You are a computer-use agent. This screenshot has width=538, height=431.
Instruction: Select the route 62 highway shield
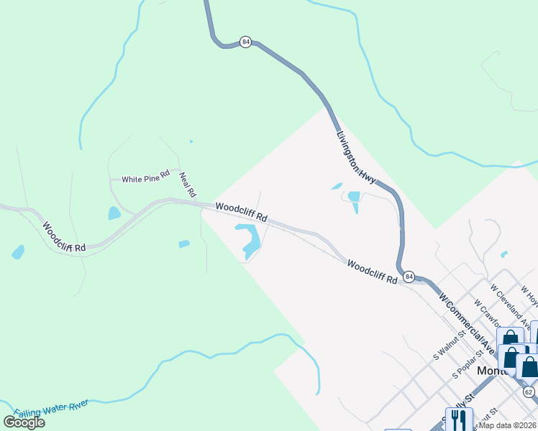[529, 391]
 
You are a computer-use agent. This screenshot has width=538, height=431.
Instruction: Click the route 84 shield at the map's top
[247, 42]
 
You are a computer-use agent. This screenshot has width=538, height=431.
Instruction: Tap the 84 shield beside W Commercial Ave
[409, 277]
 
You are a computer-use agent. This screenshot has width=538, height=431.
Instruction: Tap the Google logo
[24, 422]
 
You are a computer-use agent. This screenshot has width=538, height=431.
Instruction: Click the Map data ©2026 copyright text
[508, 425]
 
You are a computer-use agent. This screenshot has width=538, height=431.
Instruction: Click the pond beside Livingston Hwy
[353, 198]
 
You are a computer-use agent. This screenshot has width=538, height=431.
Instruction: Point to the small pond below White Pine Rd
[114, 213]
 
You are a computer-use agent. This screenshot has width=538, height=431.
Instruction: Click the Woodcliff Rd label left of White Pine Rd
[64, 236]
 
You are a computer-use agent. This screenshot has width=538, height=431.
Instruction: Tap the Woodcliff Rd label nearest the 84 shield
[373, 272]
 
